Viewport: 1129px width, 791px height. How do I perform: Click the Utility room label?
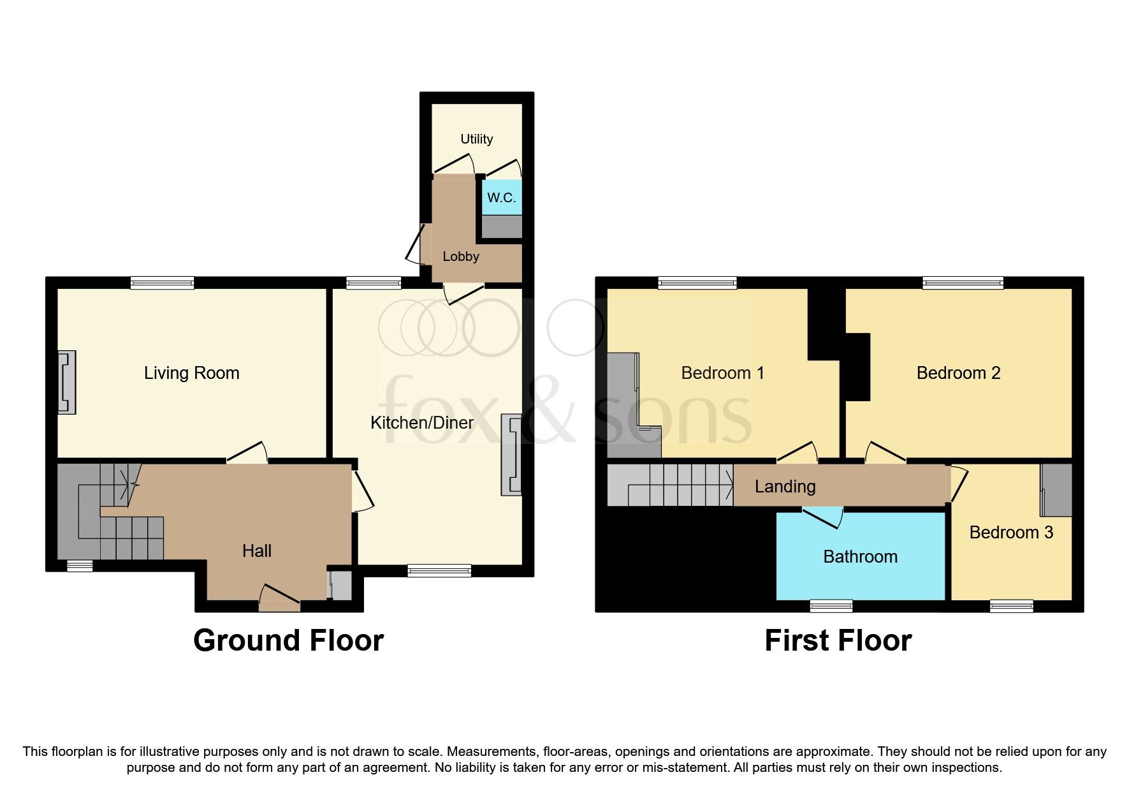pos(476,139)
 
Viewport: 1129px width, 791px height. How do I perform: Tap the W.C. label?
pos(501,198)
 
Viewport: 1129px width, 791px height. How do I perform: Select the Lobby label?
pos(460,256)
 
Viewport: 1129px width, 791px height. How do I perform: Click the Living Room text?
pos(191,373)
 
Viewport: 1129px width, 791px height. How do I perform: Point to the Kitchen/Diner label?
pos(422,422)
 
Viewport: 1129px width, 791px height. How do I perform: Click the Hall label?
pos(257,551)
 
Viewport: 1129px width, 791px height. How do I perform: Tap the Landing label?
pos(785,487)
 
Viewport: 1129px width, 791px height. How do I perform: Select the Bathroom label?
pos(860,557)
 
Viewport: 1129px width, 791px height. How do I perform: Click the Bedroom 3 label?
pos(1011,533)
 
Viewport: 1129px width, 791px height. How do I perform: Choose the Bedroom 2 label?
pos(958,373)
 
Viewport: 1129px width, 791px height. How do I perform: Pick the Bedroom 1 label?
pos(722,373)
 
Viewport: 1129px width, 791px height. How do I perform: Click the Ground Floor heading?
pos(288,640)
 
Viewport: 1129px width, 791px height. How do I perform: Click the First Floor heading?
pos(838,640)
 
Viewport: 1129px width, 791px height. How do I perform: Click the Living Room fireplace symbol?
pos(67,382)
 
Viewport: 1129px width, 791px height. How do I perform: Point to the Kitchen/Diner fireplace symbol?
pos(512,454)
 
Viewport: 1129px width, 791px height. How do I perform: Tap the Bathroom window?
pos(831,606)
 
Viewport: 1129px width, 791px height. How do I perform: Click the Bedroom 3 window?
pos(1011,606)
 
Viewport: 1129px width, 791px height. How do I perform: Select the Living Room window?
pos(162,283)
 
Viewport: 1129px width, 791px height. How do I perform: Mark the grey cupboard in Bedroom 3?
pos(1056,490)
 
